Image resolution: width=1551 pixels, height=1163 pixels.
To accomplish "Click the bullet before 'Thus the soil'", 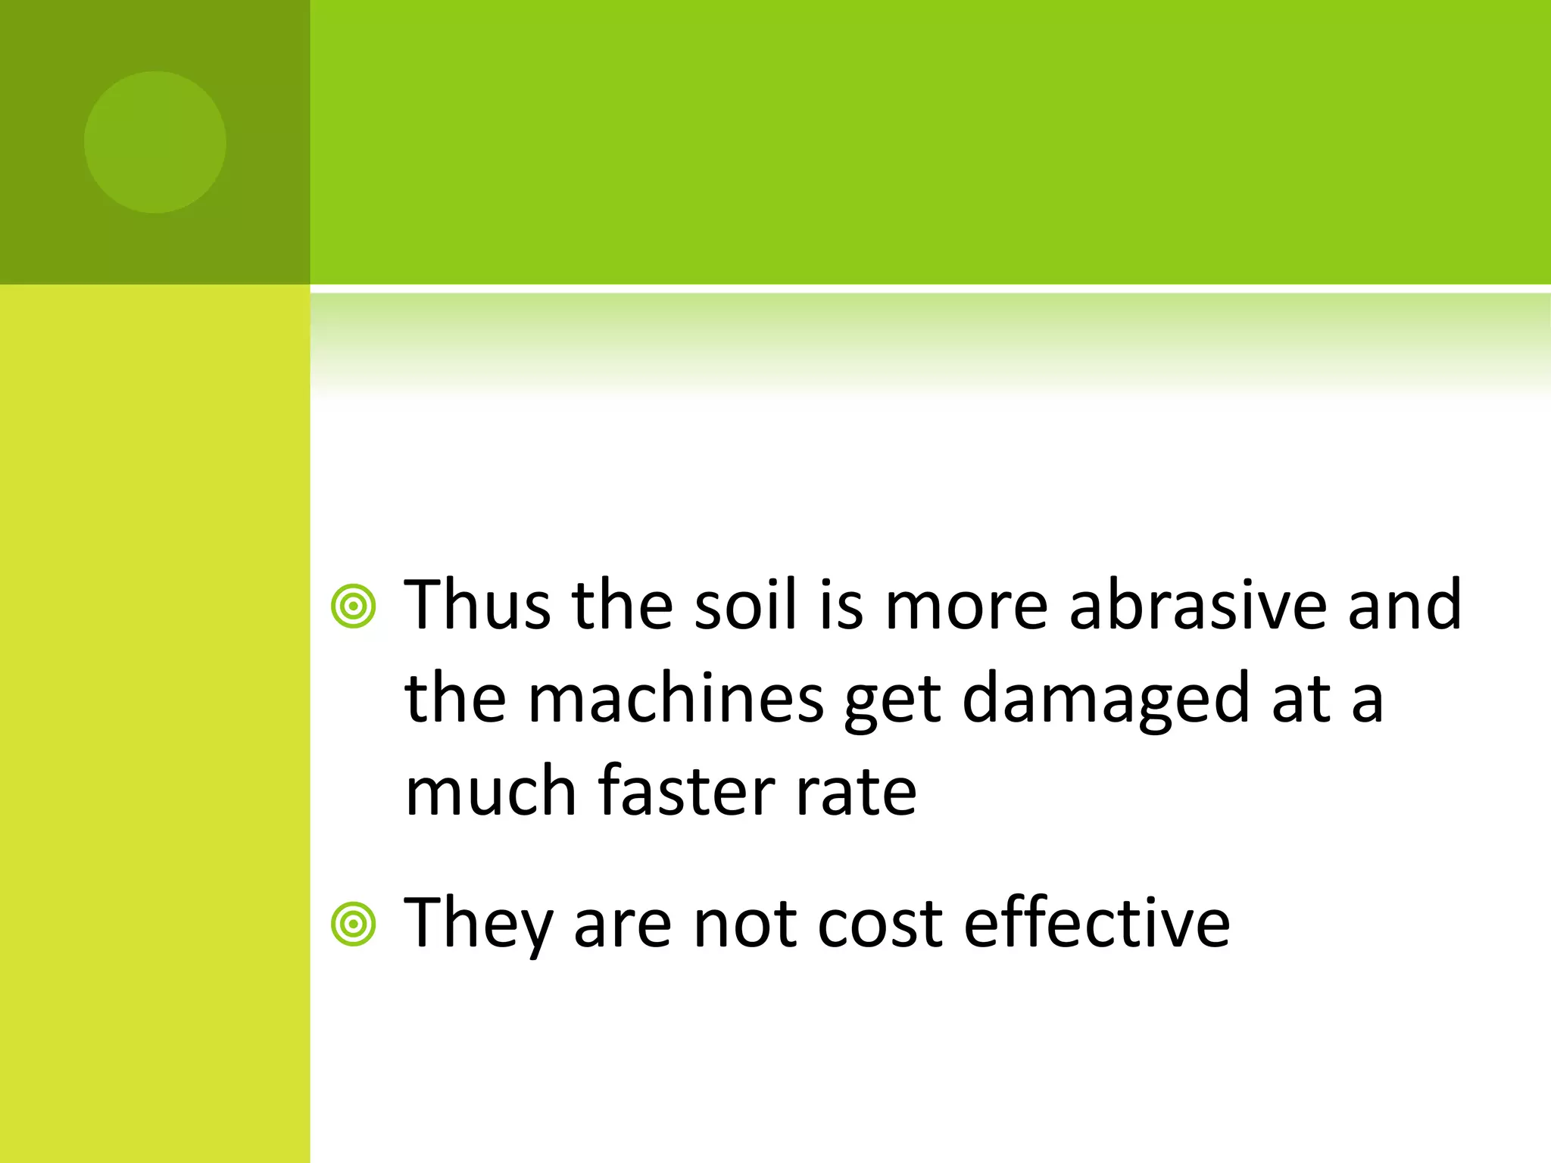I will (x=353, y=606).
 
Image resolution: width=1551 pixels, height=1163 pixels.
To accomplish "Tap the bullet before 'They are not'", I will (x=353, y=924).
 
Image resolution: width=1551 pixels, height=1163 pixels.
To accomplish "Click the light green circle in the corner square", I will (x=155, y=142).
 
